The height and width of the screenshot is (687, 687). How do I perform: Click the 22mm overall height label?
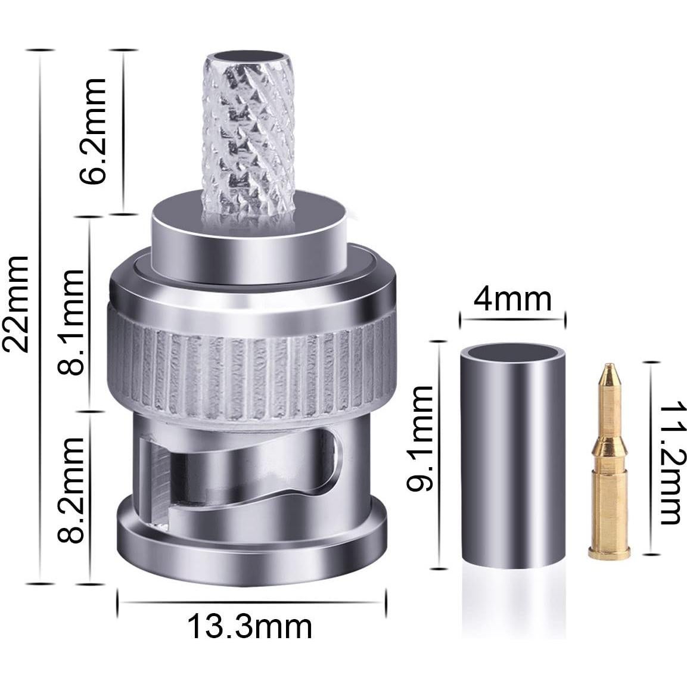tap(16, 304)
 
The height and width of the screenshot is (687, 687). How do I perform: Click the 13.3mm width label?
tap(250, 627)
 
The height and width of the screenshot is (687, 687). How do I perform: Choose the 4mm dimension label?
tap(512, 299)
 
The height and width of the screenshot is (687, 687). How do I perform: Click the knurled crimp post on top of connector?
tap(247, 137)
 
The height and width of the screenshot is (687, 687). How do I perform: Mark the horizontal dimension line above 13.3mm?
tap(251, 601)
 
